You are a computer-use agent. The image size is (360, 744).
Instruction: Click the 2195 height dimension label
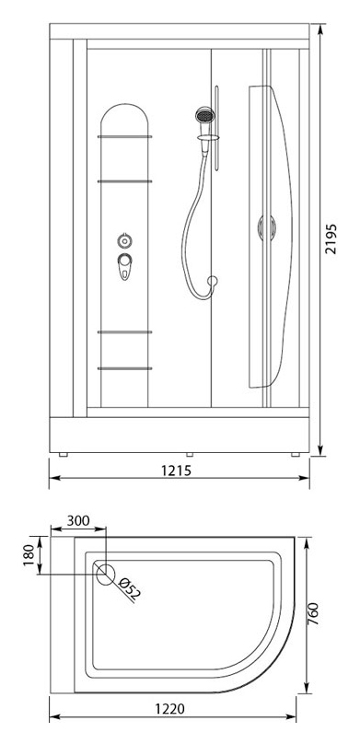pos(331,238)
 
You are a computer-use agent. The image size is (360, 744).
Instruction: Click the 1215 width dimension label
pos(176,471)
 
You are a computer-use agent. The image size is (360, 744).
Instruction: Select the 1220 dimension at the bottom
pos(169,709)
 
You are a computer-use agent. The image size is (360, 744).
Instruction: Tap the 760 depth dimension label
pos(312,614)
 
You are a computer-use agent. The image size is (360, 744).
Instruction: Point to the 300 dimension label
pos(78,520)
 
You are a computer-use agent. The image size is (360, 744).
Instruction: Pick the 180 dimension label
pos(29,555)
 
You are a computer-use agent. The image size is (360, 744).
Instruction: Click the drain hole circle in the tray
pos(105,575)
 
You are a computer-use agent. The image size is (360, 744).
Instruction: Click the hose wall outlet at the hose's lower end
pos(212,281)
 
